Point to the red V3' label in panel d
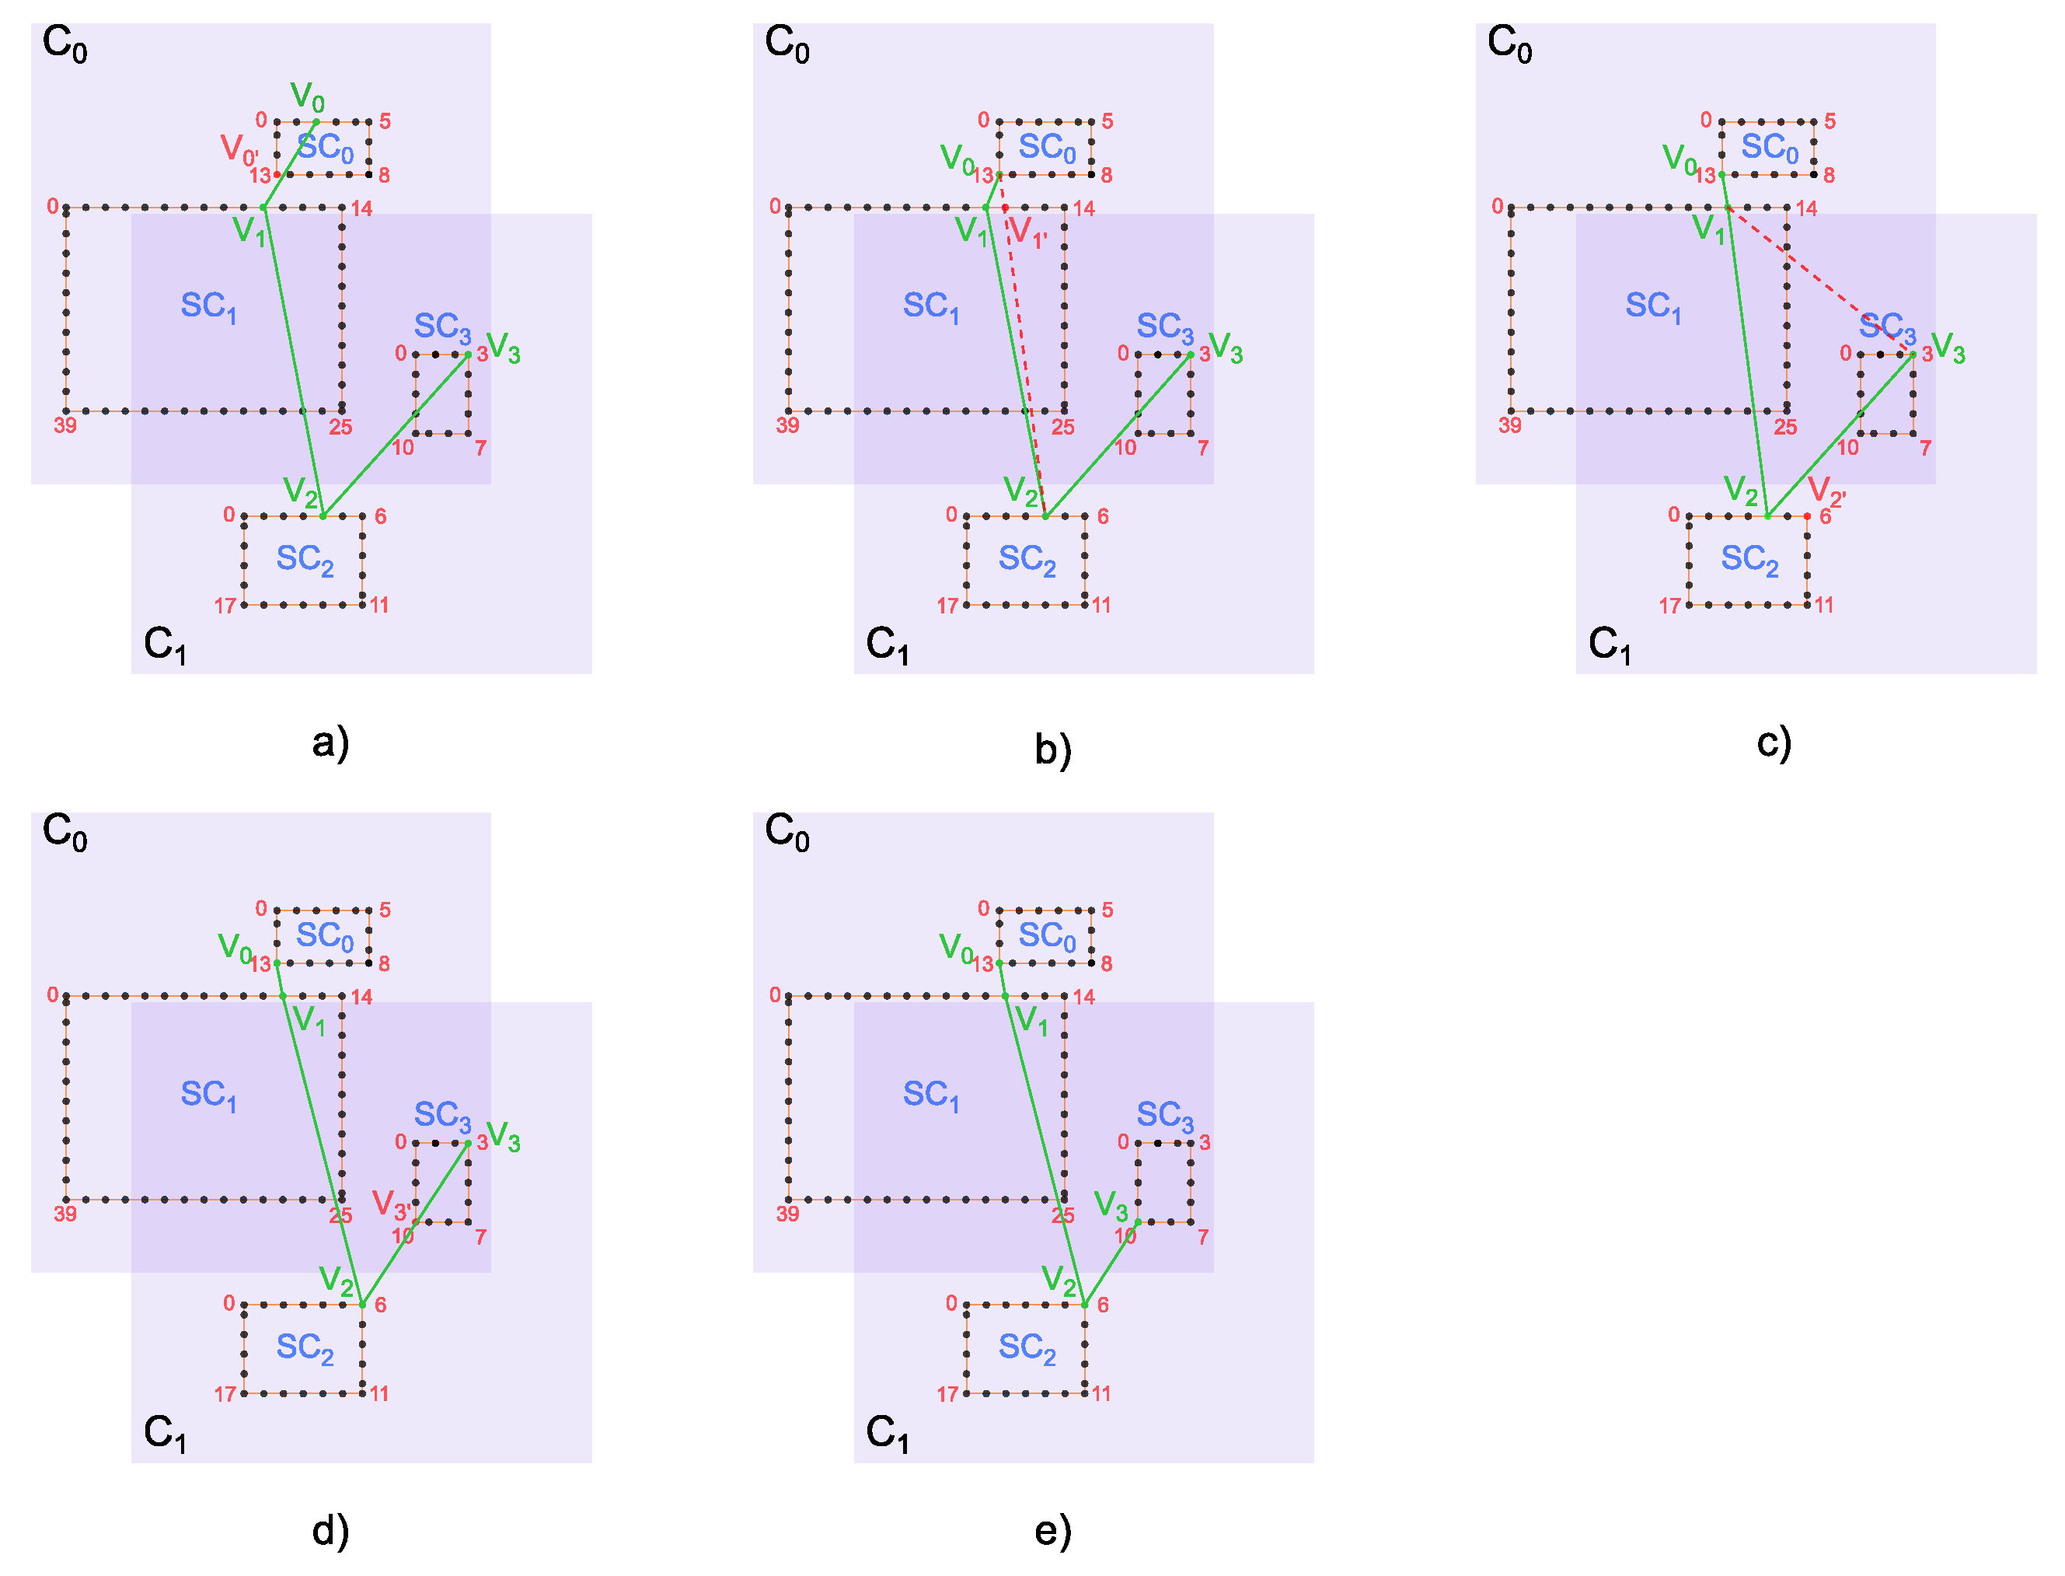coord(390,1204)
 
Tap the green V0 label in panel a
coord(307,96)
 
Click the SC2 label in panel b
coord(1027,559)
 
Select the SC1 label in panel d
coord(208,1094)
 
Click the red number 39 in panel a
coord(65,426)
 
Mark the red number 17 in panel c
coord(1669,606)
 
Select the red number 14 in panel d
coord(362,998)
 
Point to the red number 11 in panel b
coord(1102,605)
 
